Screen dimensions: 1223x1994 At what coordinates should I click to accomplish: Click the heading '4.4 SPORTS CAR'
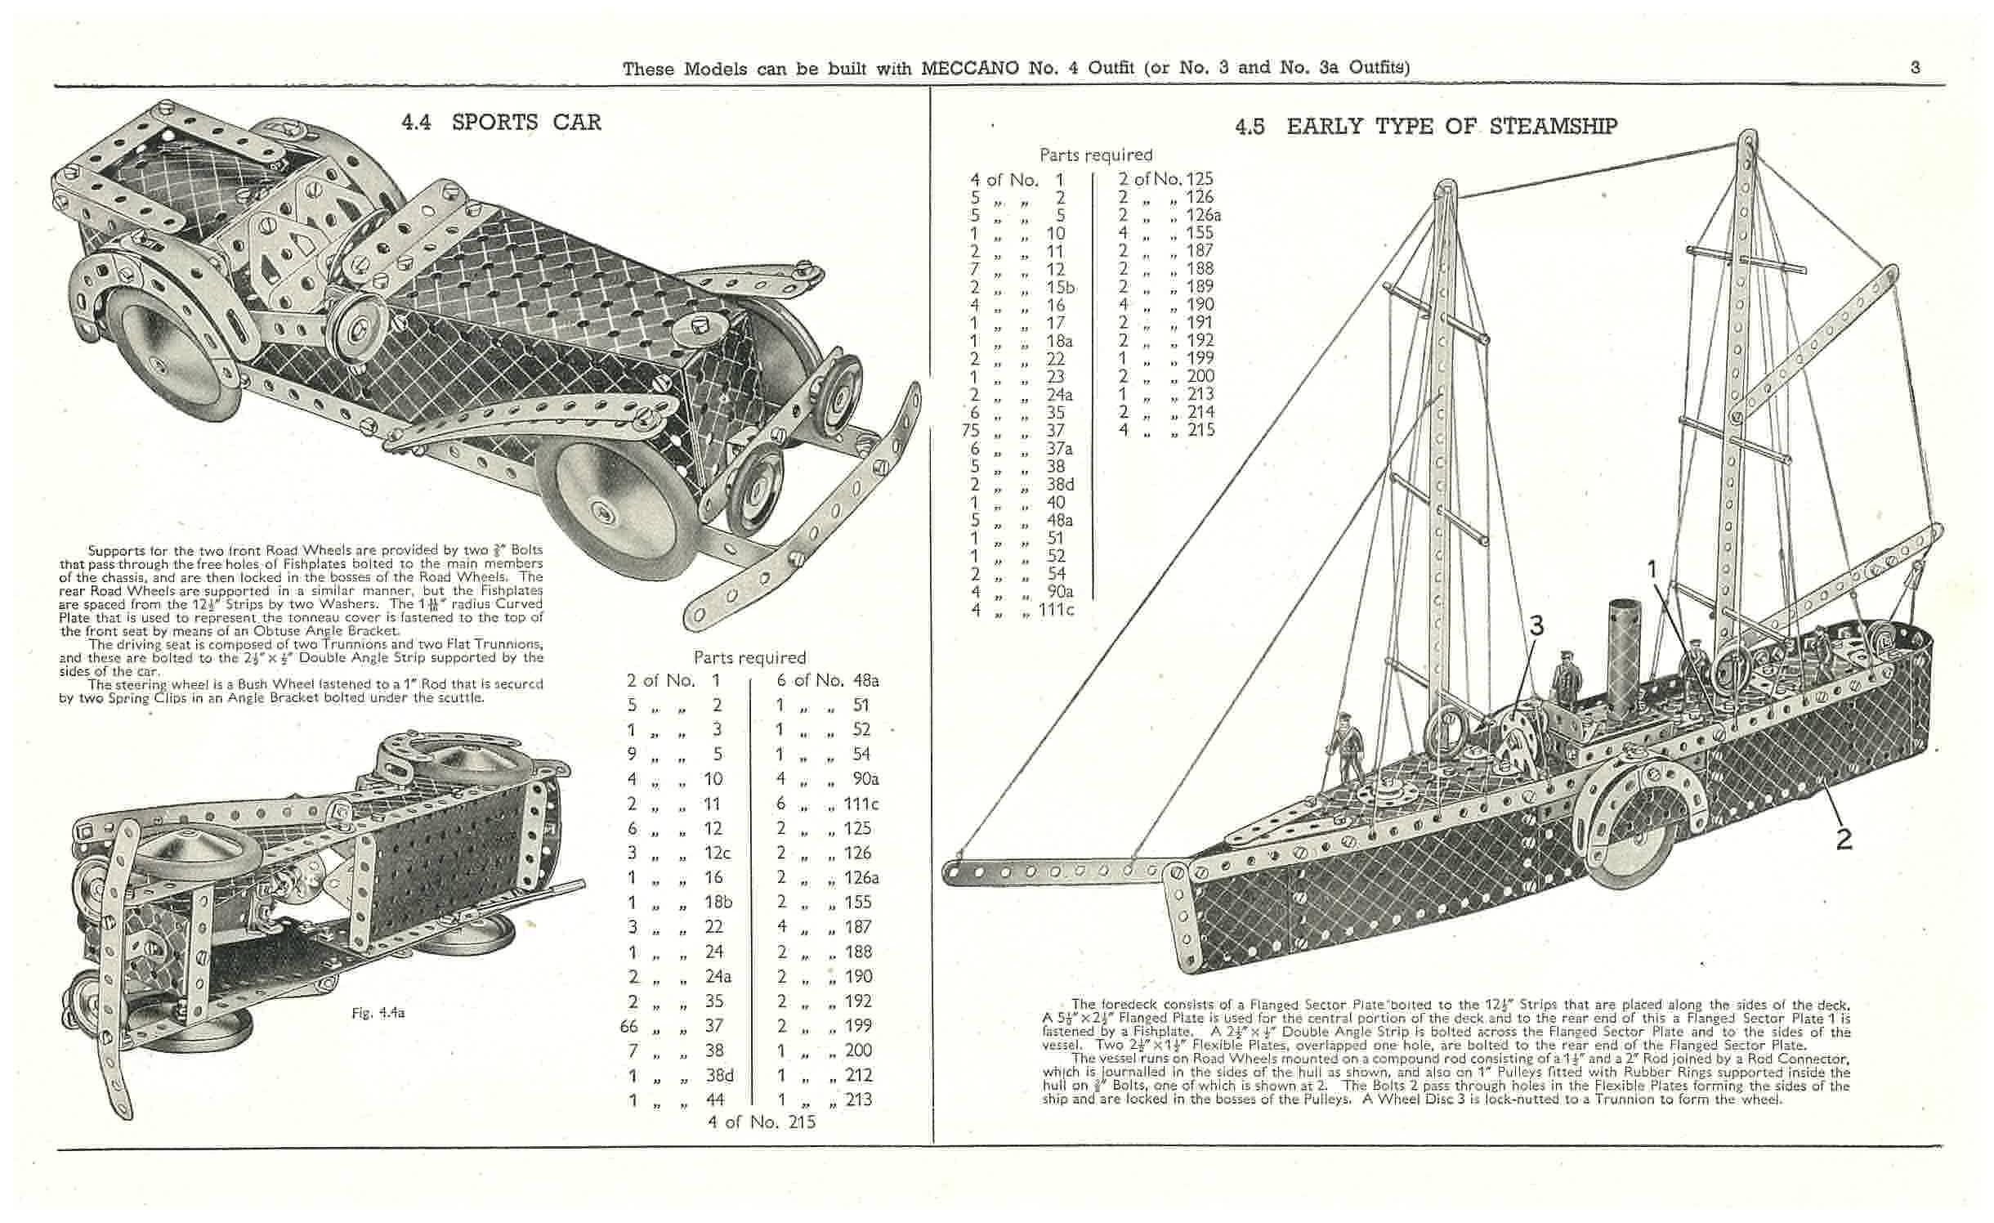pyautogui.click(x=501, y=123)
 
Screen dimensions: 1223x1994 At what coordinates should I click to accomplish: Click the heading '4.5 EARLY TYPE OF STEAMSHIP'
pyautogui.click(x=1425, y=126)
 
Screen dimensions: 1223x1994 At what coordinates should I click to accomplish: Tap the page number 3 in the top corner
pyautogui.click(x=1916, y=67)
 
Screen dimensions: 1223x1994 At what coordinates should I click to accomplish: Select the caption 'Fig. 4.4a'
pyautogui.click(x=378, y=1012)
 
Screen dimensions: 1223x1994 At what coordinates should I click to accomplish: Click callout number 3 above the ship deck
pyautogui.click(x=1536, y=627)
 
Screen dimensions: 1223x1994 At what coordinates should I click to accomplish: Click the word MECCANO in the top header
pyautogui.click(x=970, y=68)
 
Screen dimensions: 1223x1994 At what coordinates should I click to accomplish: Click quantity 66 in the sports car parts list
pyautogui.click(x=629, y=1026)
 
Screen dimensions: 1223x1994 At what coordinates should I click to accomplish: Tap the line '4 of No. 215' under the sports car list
pyautogui.click(x=761, y=1122)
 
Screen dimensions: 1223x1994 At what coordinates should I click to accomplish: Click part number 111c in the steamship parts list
pyautogui.click(x=1056, y=609)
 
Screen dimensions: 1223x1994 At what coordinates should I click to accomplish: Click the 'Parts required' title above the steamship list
pyautogui.click(x=1095, y=155)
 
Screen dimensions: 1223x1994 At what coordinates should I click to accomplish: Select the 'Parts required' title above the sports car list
pyautogui.click(x=749, y=657)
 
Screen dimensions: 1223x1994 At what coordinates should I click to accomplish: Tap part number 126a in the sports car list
pyautogui.click(x=861, y=878)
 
